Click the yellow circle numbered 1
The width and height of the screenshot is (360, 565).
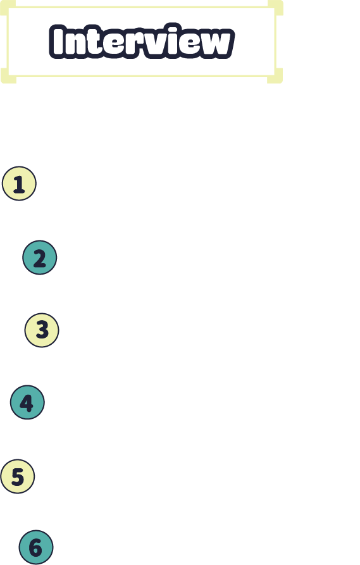tap(19, 183)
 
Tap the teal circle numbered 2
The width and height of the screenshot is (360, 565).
tap(40, 258)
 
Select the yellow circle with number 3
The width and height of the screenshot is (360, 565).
tap(42, 330)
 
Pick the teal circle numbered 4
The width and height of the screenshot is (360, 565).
tap(27, 402)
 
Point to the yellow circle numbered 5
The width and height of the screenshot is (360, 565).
tap(18, 476)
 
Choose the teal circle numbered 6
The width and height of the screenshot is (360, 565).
tap(36, 547)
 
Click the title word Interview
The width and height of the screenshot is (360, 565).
tap(142, 41)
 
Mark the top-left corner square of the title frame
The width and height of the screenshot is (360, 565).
tap(8, 8)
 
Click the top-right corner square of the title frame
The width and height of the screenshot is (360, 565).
tap(275, 8)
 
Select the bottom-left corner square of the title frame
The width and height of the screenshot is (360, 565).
tap(8, 76)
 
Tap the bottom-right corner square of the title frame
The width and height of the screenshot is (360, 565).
tap(275, 76)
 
